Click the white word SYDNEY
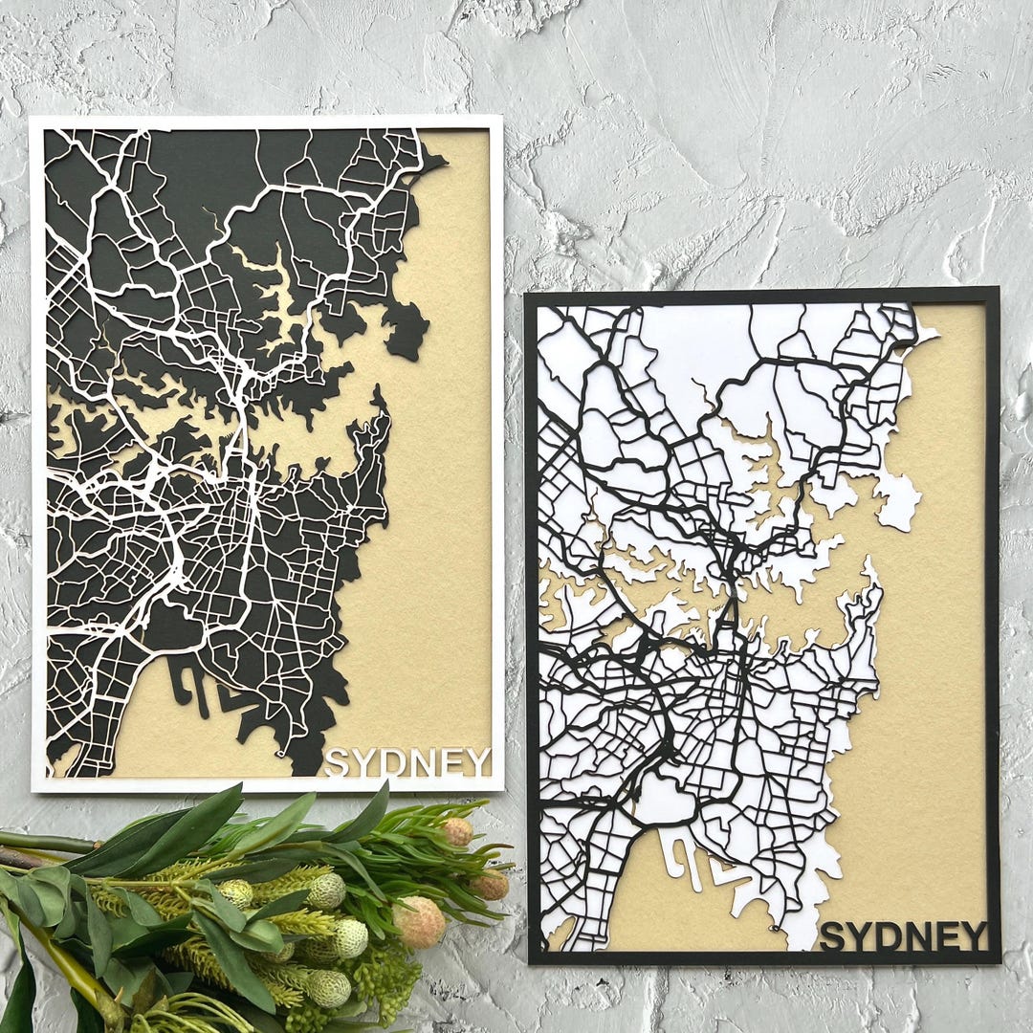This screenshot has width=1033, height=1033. [407, 762]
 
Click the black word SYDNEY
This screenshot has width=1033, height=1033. [903, 936]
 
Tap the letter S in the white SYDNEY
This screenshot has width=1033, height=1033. [337, 763]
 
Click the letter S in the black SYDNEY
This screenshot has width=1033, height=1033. [833, 937]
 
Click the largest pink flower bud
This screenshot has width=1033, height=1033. [419, 922]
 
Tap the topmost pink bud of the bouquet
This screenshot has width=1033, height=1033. [457, 831]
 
